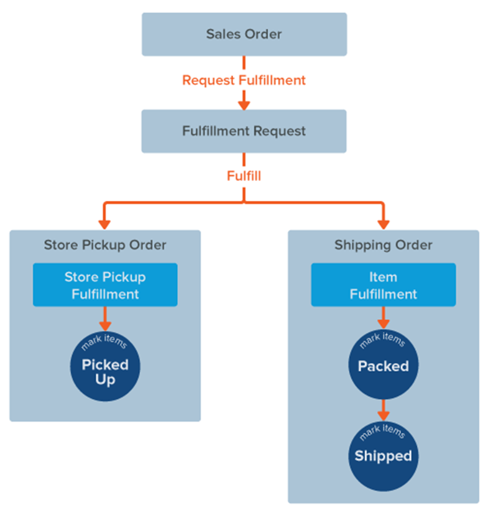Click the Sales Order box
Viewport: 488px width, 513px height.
(244, 34)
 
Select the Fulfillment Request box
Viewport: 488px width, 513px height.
(244, 131)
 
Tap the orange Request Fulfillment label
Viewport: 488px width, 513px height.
(244, 80)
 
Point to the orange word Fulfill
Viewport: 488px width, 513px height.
(244, 176)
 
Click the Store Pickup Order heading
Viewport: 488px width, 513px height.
(105, 245)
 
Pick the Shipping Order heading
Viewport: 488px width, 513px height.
(383, 245)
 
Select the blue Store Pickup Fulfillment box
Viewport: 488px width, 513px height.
(105, 285)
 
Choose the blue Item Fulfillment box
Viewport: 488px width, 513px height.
(383, 285)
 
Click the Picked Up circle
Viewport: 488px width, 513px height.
(105, 367)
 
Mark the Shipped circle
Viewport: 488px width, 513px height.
(383, 455)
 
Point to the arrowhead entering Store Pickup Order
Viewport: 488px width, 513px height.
(105, 223)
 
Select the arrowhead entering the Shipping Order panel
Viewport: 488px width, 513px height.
(383, 223)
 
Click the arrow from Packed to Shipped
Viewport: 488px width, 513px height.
(383, 411)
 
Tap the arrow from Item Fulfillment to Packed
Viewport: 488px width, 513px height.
(383, 320)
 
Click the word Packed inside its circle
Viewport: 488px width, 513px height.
(383, 366)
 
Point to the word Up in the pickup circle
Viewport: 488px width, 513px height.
(105, 379)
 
